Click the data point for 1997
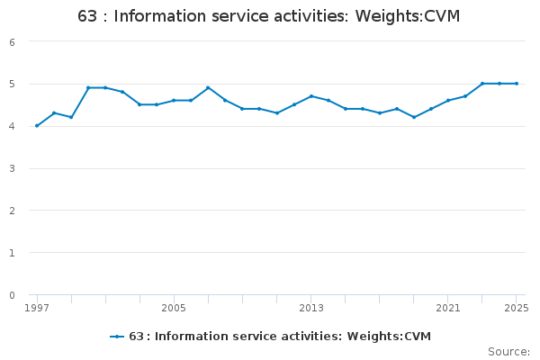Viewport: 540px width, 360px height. click(37, 126)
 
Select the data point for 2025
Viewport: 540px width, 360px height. click(517, 84)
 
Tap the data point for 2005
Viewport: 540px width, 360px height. click(174, 101)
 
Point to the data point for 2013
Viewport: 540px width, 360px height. click(311, 96)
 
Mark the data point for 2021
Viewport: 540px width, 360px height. click(448, 101)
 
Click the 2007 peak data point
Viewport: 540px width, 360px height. click(208, 88)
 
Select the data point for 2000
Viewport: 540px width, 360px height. click(88, 88)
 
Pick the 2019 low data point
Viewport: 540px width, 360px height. click(414, 117)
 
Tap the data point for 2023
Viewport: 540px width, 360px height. click(482, 84)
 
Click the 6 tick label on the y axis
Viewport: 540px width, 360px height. click(12, 42)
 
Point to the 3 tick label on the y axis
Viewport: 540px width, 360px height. click(12, 168)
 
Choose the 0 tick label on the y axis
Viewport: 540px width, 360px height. click(12, 295)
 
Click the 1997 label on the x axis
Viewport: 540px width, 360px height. click(37, 308)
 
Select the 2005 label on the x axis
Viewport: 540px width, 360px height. click(174, 308)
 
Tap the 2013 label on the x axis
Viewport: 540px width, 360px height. click(311, 308)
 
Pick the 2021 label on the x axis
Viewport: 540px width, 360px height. click(448, 308)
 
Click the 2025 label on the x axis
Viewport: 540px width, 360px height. click(517, 308)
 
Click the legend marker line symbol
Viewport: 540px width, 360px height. click(116, 337)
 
